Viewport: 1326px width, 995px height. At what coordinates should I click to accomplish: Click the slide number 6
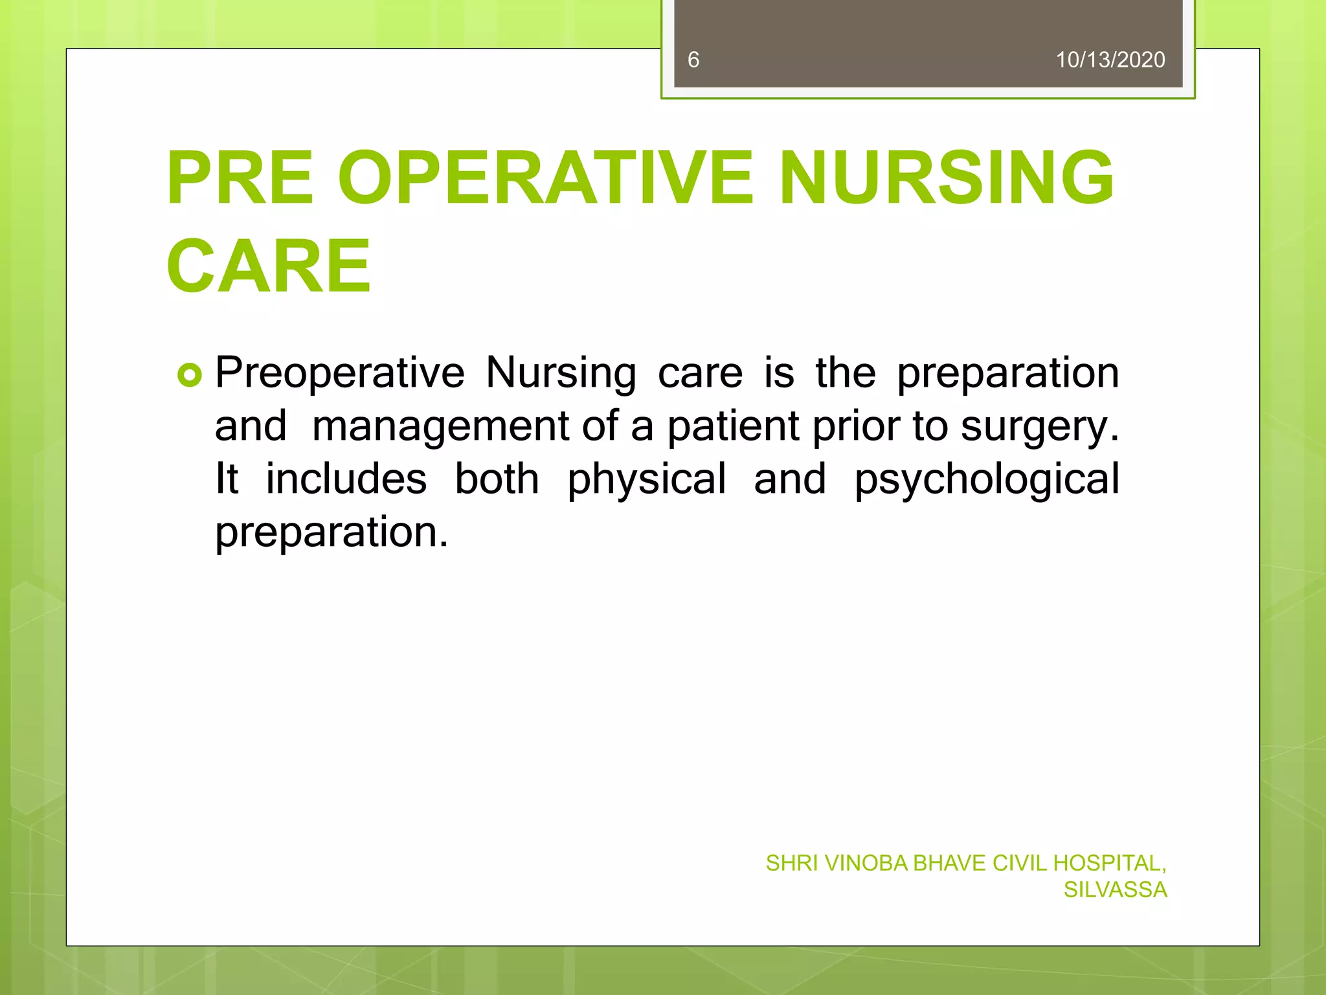[x=693, y=60]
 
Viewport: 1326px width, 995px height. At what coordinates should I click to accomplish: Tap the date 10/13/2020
[x=1110, y=60]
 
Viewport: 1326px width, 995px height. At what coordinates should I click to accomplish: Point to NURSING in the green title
[x=946, y=178]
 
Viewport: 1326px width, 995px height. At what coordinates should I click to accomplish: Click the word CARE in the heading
[x=269, y=266]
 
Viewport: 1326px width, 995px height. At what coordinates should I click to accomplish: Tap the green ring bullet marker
[x=190, y=375]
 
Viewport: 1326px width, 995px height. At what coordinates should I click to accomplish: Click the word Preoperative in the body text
[x=340, y=374]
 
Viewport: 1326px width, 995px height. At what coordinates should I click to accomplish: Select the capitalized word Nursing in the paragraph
[x=561, y=374]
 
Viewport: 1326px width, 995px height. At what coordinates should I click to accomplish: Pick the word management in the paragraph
[x=441, y=427]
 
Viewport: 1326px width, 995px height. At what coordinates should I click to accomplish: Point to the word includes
[x=346, y=479]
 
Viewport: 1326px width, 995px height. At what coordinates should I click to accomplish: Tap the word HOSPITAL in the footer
[x=1109, y=863]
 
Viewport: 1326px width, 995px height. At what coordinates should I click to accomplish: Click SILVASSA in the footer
[x=1115, y=890]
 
